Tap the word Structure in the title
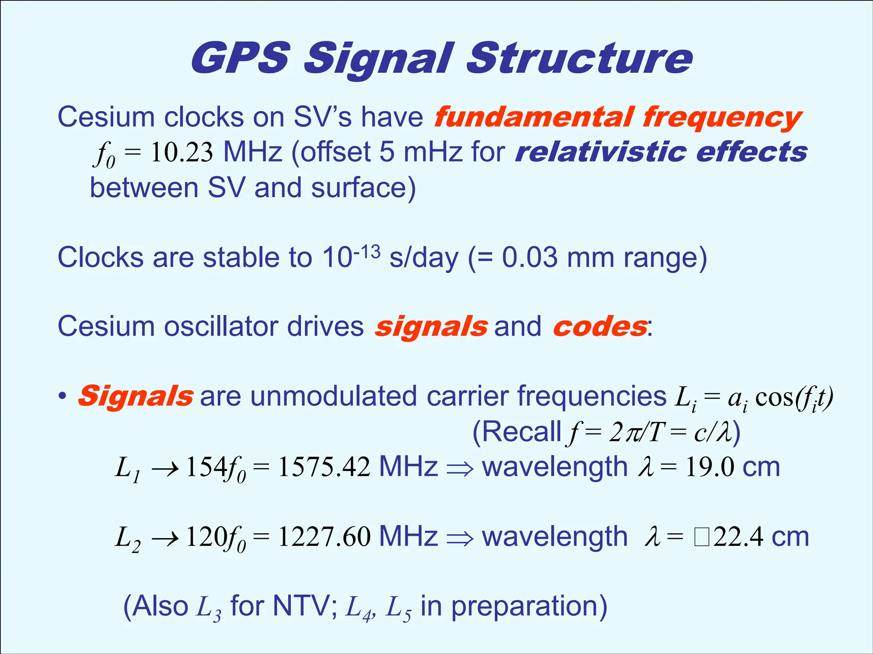pos(580,58)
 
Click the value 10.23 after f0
pos(182,152)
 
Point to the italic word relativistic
pos(600,152)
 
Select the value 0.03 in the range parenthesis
pos(529,258)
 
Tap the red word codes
pos(600,327)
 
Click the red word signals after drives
pos(431,327)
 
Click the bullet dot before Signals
pos(63,396)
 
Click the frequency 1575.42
pos(324,467)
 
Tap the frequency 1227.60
pos(324,537)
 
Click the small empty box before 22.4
pos(701,537)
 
